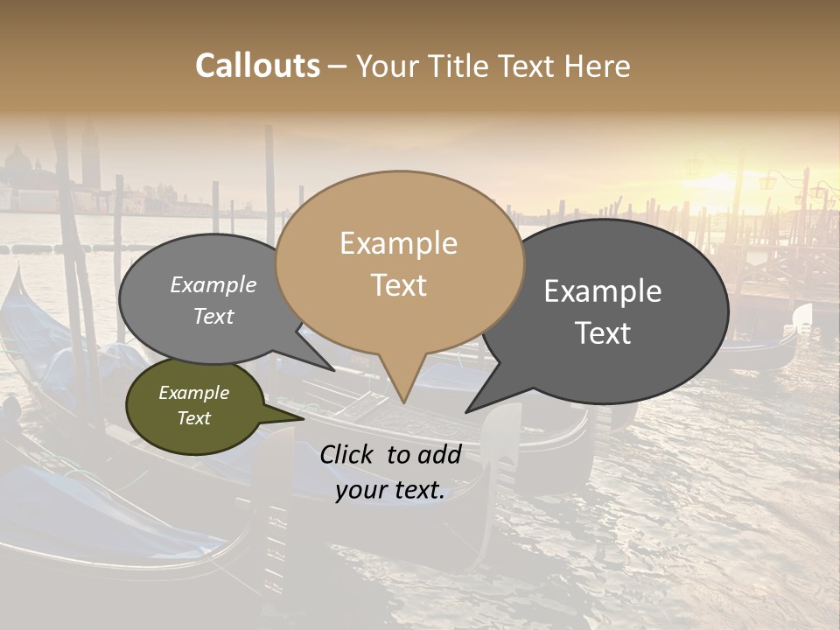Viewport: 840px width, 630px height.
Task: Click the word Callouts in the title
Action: (x=257, y=66)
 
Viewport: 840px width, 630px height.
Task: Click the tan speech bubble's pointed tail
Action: (x=403, y=389)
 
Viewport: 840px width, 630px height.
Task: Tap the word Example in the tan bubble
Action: (x=398, y=243)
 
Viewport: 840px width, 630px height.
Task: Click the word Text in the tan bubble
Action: (x=398, y=285)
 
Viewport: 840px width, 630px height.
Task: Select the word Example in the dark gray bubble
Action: (x=603, y=291)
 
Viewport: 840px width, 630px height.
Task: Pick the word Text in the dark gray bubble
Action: (x=603, y=333)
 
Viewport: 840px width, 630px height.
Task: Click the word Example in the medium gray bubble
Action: (x=213, y=284)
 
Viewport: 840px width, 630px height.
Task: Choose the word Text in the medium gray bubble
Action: (x=213, y=316)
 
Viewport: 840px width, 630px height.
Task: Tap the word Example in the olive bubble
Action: (x=193, y=393)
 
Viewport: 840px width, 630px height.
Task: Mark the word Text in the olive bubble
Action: (x=193, y=418)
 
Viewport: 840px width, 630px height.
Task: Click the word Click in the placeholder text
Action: (x=347, y=454)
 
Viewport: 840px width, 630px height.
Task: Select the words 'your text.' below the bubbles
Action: (x=390, y=491)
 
